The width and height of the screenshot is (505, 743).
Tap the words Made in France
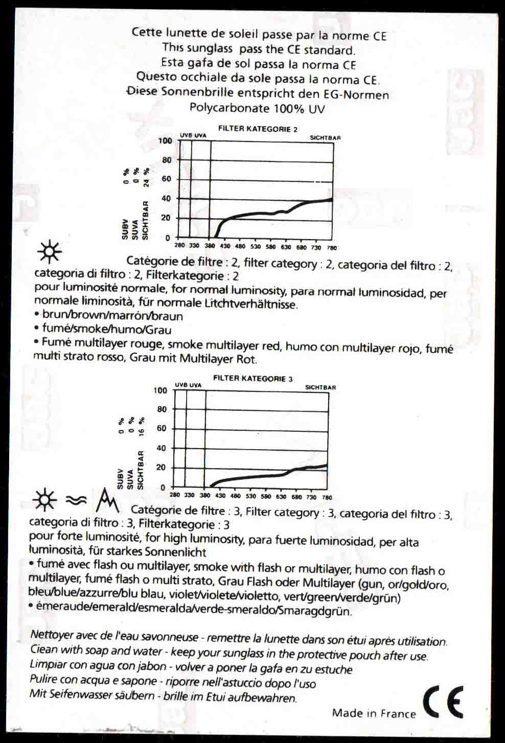(374, 713)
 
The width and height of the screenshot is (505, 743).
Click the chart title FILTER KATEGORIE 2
(258, 129)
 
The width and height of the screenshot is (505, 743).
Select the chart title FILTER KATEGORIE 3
(252, 379)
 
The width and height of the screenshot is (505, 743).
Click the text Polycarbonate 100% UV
(257, 108)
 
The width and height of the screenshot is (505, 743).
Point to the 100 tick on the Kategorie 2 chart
(165, 141)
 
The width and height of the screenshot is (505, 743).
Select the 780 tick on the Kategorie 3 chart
(327, 497)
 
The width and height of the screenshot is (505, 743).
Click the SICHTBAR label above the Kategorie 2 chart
(325, 138)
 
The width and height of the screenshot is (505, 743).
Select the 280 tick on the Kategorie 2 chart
(179, 246)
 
